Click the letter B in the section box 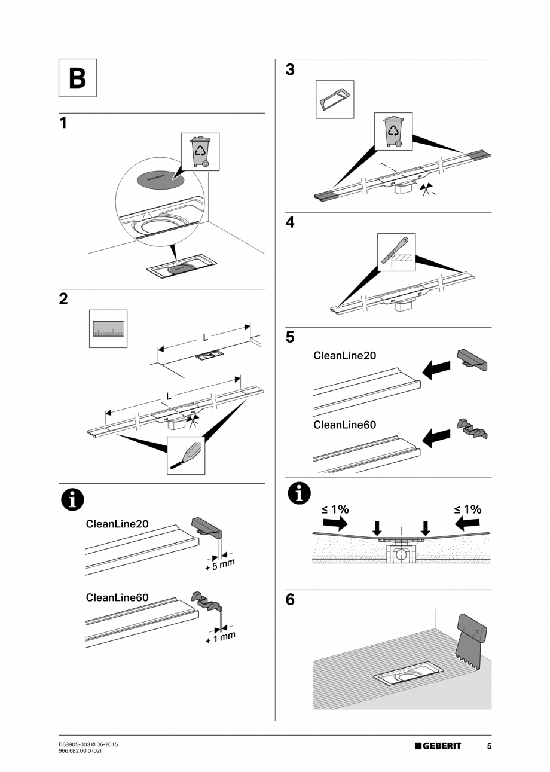(x=77, y=78)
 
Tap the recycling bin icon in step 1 (x=200, y=152)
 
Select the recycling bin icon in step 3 (x=393, y=131)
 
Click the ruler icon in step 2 (x=108, y=328)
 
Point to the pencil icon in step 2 (x=186, y=456)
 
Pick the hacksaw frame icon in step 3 (x=334, y=99)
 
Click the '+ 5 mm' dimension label (x=219, y=564)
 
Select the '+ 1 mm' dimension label (x=220, y=637)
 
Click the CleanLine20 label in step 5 (x=345, y=355)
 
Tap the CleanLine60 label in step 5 (x=345, y=425)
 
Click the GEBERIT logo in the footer (x=438, y=746)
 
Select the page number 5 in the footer (x=489, y=746)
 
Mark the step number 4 (x=290, y=222)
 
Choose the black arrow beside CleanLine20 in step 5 (x=436, y=370)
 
